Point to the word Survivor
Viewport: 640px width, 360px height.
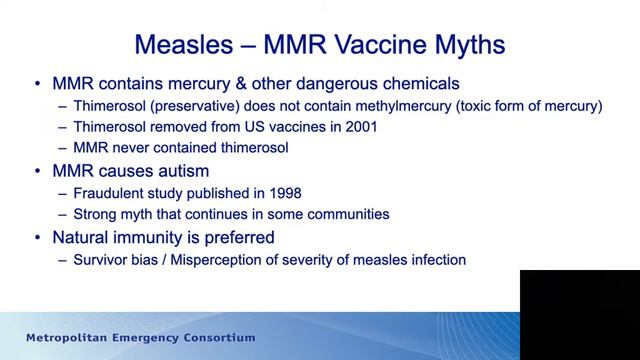(103, 260)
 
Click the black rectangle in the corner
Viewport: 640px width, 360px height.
(580, 314)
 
